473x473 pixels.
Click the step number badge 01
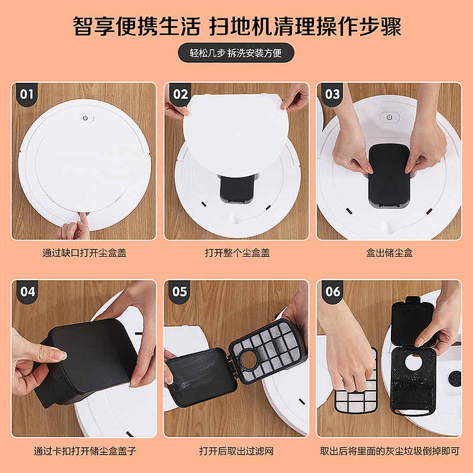(27, 94)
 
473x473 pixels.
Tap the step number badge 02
(180, 94)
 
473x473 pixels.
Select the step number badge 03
(332, 94)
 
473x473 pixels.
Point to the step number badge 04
(27, 291)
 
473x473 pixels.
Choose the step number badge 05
(180, 291)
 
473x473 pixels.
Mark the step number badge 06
(332, 291)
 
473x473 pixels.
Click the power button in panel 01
(85, 118)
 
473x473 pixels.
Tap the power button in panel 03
(389, 117)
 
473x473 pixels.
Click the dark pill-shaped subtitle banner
(236, 53)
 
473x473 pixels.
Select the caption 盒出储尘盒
(389, 252)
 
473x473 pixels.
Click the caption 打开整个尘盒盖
(237, 252)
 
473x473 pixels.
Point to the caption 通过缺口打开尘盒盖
(84, 252)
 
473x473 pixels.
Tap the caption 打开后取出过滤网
(236, 451)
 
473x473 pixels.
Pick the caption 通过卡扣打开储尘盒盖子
(85, 451)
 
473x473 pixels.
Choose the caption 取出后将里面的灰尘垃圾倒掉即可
(390, 451)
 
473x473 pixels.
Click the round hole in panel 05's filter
(249, 359)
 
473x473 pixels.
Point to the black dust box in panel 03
(389, 176)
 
